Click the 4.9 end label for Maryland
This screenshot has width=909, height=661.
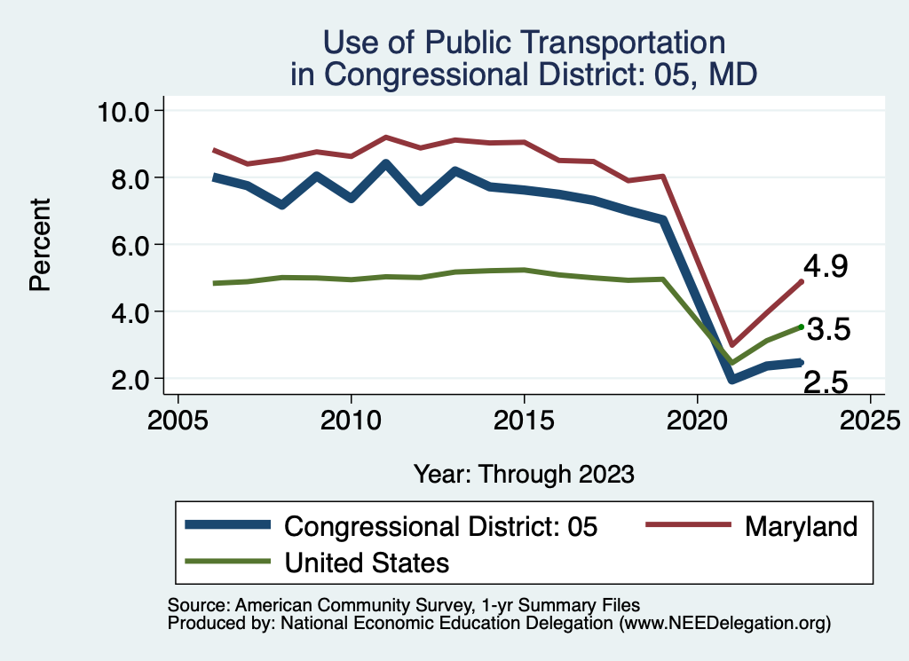pos(826,266)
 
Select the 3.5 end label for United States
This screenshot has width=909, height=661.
pos(829,330)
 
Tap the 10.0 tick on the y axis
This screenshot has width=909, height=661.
pos(126,111)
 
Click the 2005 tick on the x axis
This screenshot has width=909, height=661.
pos(178,418)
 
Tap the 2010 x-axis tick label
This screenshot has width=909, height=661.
pos(351,418)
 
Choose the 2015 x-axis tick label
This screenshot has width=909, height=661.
pos(524,418)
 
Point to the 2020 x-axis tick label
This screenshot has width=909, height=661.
pos(697,418)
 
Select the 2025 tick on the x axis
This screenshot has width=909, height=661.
pos(870,418)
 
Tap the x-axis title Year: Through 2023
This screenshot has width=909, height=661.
pos(524,473)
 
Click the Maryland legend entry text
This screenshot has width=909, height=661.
pos(801,526)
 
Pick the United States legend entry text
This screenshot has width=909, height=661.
pos(367,562)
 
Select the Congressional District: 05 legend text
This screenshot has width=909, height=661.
pos(440,526)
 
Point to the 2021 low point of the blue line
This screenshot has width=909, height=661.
pos(731,379)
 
